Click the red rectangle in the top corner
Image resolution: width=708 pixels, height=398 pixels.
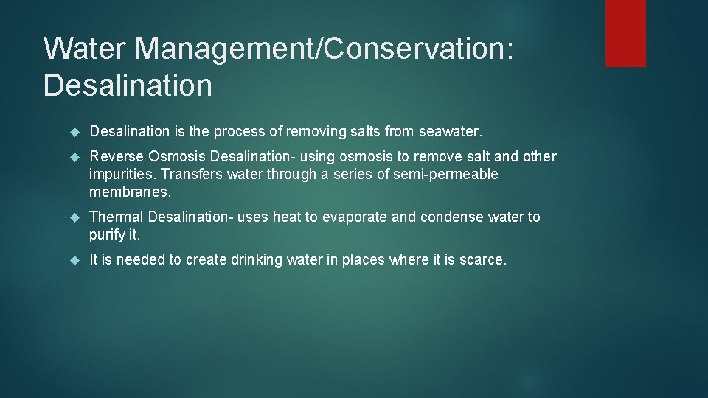coord(625,33)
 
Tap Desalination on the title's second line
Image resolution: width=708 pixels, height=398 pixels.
coord(128,85)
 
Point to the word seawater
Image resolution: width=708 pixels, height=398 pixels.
coord(450,132)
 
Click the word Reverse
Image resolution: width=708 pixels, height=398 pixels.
coord(116,156)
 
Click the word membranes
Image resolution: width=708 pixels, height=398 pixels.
coord(129,192)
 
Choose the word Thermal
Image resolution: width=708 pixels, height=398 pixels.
coord(116,217)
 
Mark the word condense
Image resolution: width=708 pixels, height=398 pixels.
coord(451,217)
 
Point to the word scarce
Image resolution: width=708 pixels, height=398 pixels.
coord(482,259)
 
